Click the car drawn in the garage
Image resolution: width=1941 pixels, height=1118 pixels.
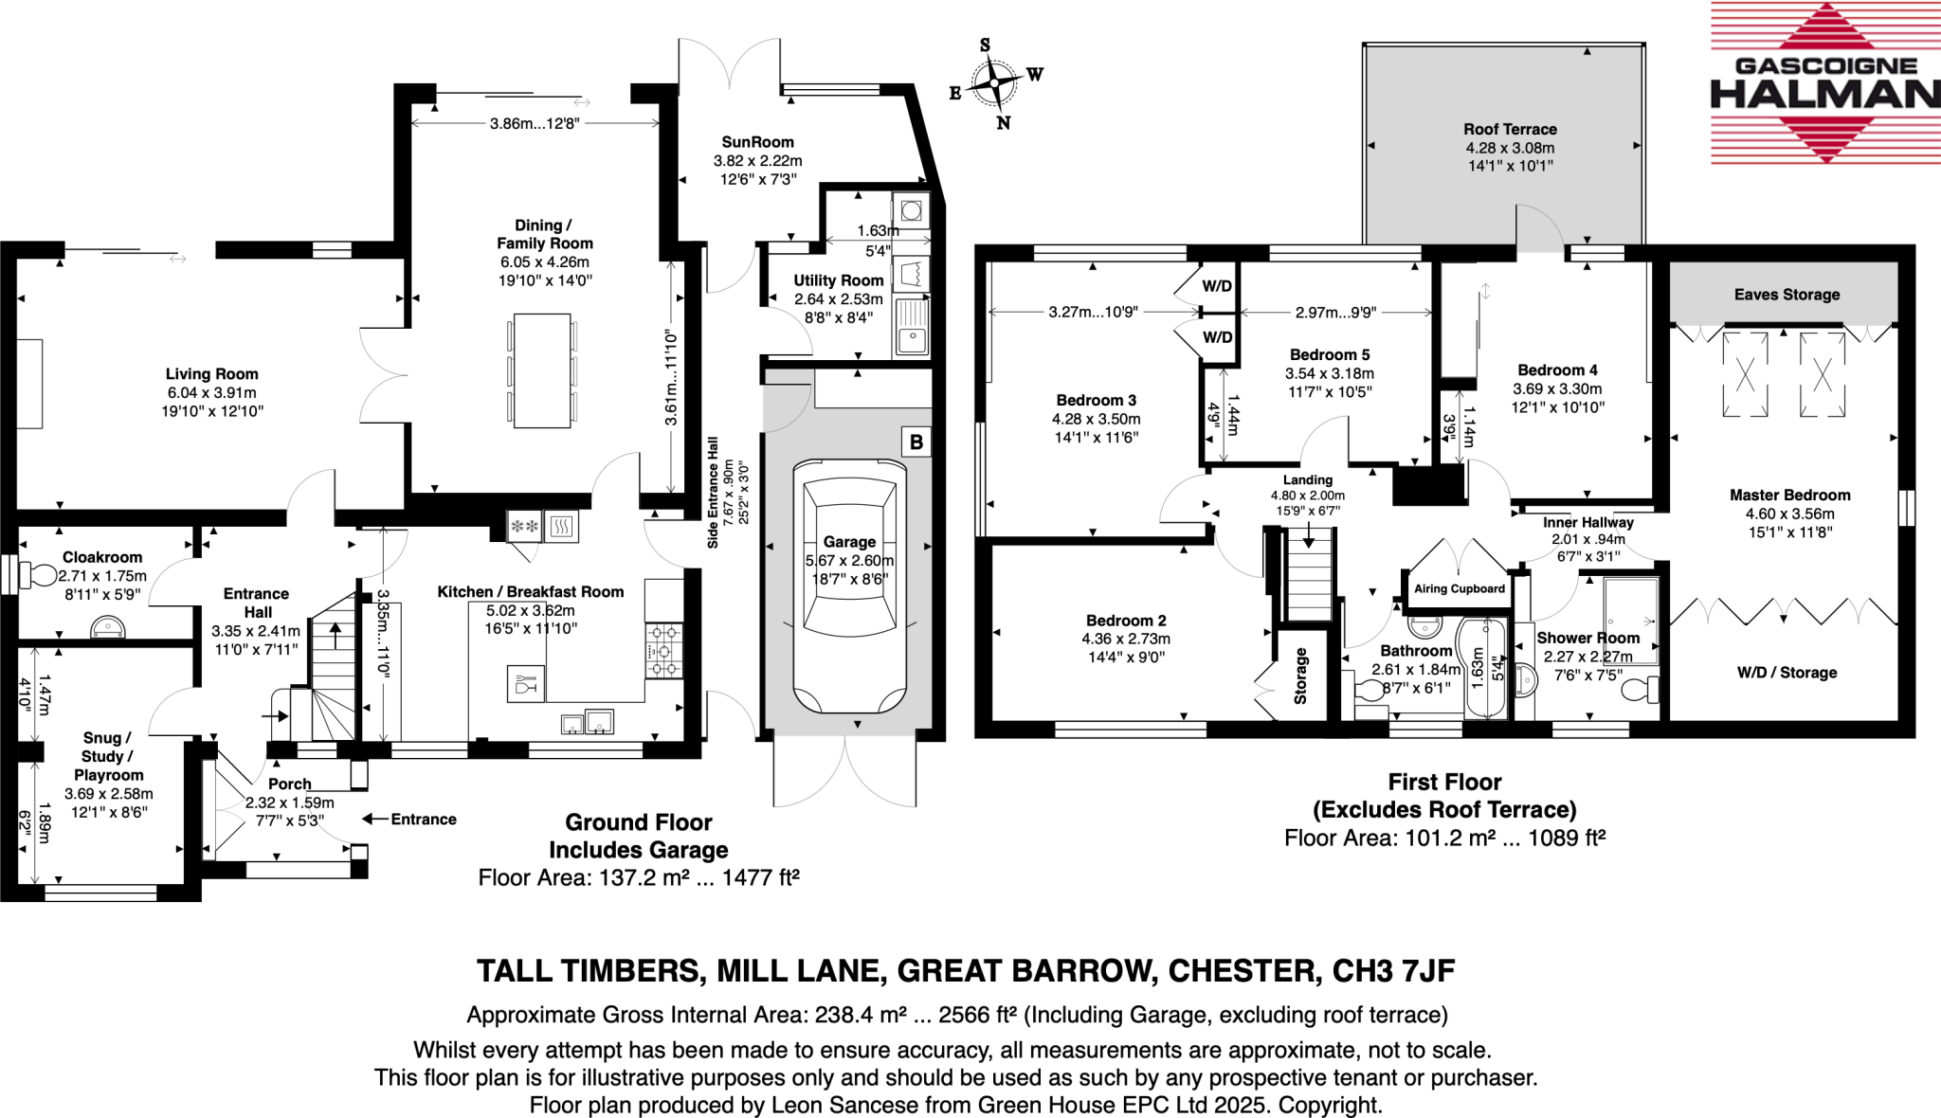click(x=849, y=587)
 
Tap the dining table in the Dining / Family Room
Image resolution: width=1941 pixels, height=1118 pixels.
click(x=542, y=370)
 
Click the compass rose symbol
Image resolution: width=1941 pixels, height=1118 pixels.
click(x=994, y=83)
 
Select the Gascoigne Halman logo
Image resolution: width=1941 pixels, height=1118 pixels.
click(x=1824, y=83)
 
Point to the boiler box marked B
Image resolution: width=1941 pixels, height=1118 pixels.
click(x=916, y=442)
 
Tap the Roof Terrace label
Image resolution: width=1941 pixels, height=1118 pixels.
click(x=1510, y=129)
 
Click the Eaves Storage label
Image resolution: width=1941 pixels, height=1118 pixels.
click(x=1787, y=295)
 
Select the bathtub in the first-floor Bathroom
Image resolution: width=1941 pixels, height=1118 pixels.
click(x=1481, y=668)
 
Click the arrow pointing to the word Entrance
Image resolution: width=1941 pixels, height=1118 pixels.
click(x=375, y=819)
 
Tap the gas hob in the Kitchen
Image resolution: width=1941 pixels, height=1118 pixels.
click(x=663, y=650)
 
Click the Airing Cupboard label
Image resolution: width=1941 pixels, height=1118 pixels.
click(x=1459, y=588)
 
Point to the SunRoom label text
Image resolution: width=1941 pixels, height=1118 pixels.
click(x=757, y=142)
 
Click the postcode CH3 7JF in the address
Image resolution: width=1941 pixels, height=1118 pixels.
click(x=1393, y=971)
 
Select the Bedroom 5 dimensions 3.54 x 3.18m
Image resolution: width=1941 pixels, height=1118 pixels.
click(x=1329, y=373)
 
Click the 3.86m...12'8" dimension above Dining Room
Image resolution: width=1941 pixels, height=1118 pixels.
click(x=535, y=123)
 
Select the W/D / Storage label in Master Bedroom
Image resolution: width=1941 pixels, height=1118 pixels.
click(x=1787, y=673)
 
